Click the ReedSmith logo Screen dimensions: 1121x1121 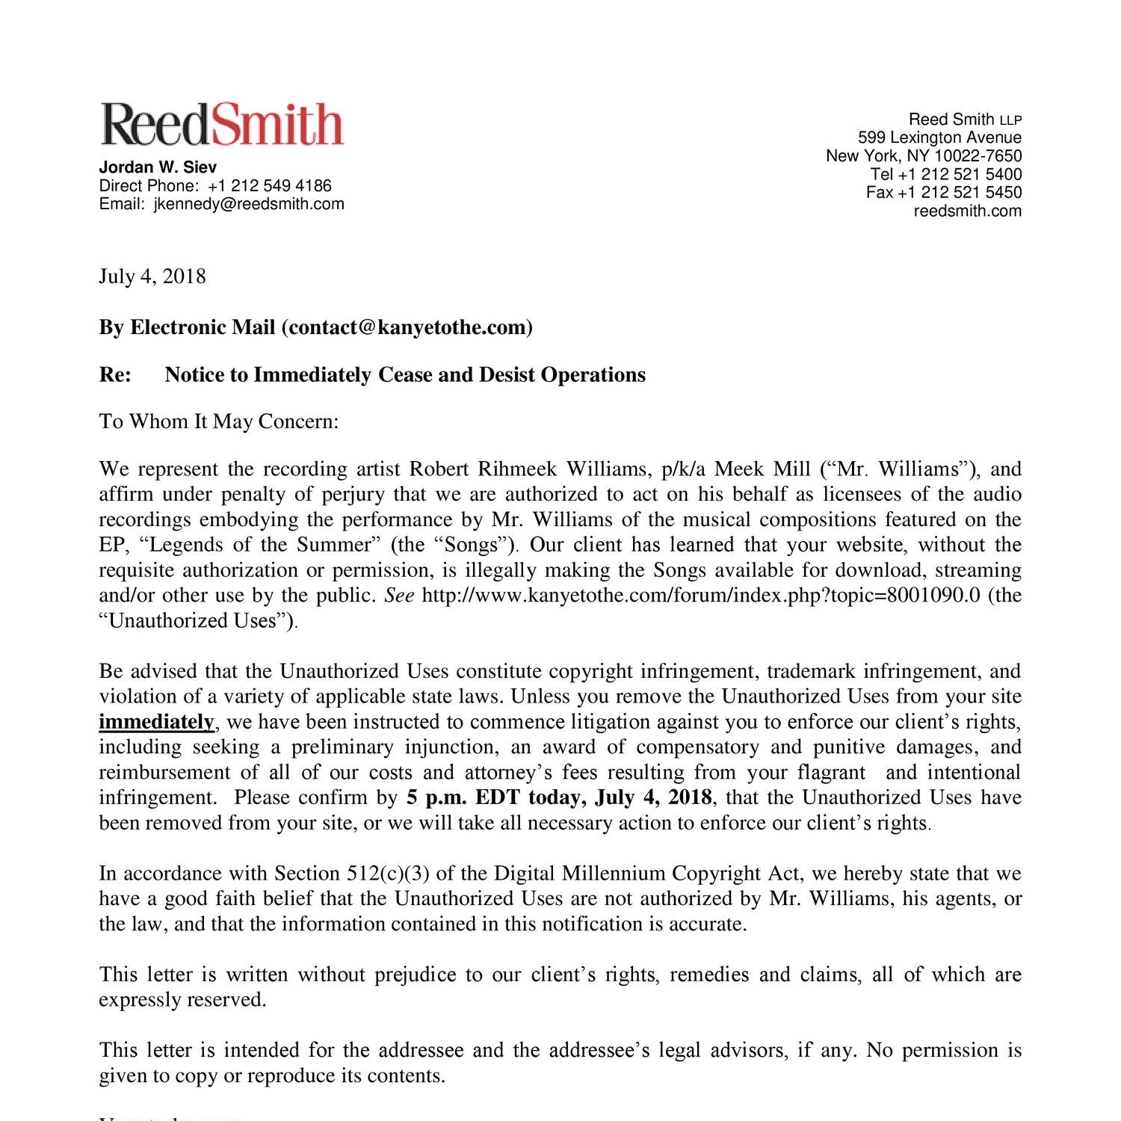point(222,124)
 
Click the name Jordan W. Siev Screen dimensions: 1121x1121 point(158,167)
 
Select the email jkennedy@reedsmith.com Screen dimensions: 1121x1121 point(249,204)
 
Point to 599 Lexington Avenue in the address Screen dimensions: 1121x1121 point(939,138)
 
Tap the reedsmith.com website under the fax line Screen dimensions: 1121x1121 point(967,211)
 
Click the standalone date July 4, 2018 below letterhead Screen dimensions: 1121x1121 point(152,277)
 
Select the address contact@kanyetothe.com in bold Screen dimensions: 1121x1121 point(407,327)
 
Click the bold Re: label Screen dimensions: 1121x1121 point(115,374)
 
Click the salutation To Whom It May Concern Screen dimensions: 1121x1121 point(219,421)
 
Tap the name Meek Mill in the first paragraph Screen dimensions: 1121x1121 point(762,469)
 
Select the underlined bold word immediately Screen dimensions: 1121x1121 point(156,722)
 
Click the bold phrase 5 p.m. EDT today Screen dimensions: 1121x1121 point(496,797)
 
